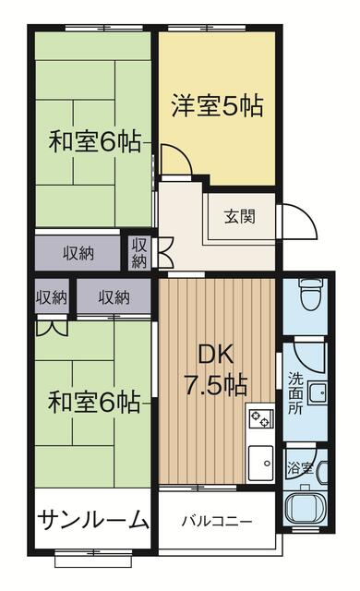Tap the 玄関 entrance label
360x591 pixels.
click(x=240, y=216)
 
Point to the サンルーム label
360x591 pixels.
click(x=93, y=519)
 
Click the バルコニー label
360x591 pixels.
click(x=217, y=522)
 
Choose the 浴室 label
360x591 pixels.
click(x=300, y=468)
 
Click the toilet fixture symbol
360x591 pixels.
click(x=311, y=295)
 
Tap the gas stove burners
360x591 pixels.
click(x=260, y=418)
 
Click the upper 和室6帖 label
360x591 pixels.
click(x=95, y=141)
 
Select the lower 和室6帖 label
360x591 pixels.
click(x=94, y=403)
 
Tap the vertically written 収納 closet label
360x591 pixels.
click(x=139, y=253)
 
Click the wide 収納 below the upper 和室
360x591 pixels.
click(x=78, y=253)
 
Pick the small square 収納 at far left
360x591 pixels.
click(x=51, y=297)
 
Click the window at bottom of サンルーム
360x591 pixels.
click(x=94, y=556)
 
